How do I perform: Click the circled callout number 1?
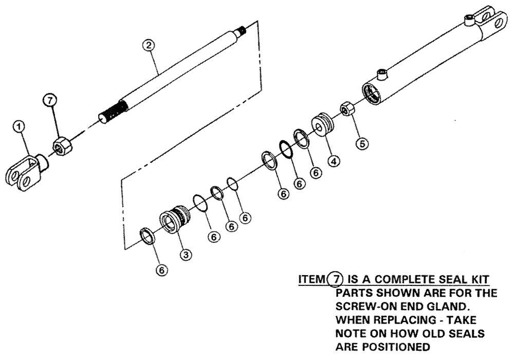click(x=20, y=125)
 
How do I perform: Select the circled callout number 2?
click(x=148, y=45)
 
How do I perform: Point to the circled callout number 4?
click(x=334, y=161)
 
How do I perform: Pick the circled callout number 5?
click(x=363, y=143)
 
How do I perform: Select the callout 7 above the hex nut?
click(x=50, y=102)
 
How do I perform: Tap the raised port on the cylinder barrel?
click(x=381, y=74)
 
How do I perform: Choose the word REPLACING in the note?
click(x=399, y=320)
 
